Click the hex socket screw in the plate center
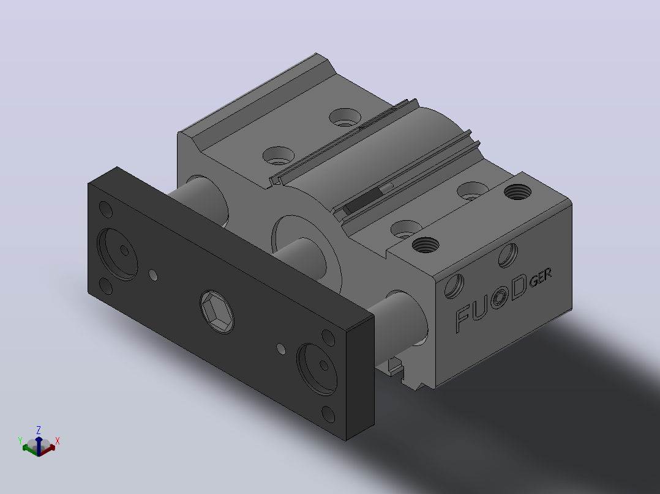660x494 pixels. coord(217,312)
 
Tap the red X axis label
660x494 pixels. coord(58,441)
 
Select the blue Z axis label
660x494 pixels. coord(39,430)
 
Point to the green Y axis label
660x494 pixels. coord(20,441)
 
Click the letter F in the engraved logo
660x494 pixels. coord(463,319)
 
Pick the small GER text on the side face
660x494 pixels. coord(540,278)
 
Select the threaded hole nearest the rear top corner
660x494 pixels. coord(517,192)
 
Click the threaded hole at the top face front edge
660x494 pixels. coord(426,245)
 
